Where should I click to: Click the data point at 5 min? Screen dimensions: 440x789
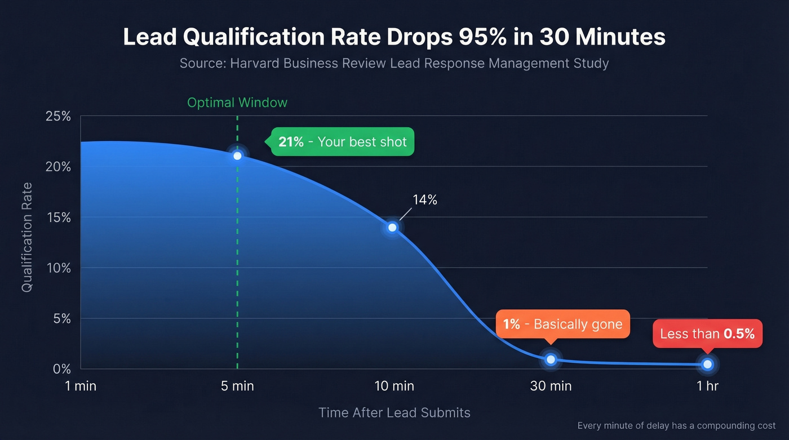coord(237,155)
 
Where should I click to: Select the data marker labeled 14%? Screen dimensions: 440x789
coord(392,228)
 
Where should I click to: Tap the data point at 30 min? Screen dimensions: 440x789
coord(551,359)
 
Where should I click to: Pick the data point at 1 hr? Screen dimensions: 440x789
coord(707,365)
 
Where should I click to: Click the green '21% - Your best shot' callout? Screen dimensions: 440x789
coord(343,141)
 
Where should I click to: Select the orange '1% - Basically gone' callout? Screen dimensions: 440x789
coord(562,324)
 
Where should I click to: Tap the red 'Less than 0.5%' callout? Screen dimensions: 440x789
coord(707,334)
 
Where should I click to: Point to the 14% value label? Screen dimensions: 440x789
coord(425,199)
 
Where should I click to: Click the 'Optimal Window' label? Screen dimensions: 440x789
coord(237,103)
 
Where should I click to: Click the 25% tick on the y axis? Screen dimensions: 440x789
coord(58,117)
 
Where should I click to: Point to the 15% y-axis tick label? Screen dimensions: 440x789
coord(58,217)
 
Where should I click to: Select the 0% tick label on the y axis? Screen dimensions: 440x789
coord(61,369)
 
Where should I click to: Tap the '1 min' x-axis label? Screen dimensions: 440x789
coord(80,386)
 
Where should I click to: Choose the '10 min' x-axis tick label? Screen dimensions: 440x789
coord(394,386)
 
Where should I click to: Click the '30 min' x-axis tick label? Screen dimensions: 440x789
coord(551,386)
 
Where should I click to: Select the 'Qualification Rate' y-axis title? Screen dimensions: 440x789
coord(26,237)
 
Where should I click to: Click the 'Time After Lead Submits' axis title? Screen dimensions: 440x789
coord(394,412)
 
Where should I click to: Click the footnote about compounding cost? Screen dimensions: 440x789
coord(676,425)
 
